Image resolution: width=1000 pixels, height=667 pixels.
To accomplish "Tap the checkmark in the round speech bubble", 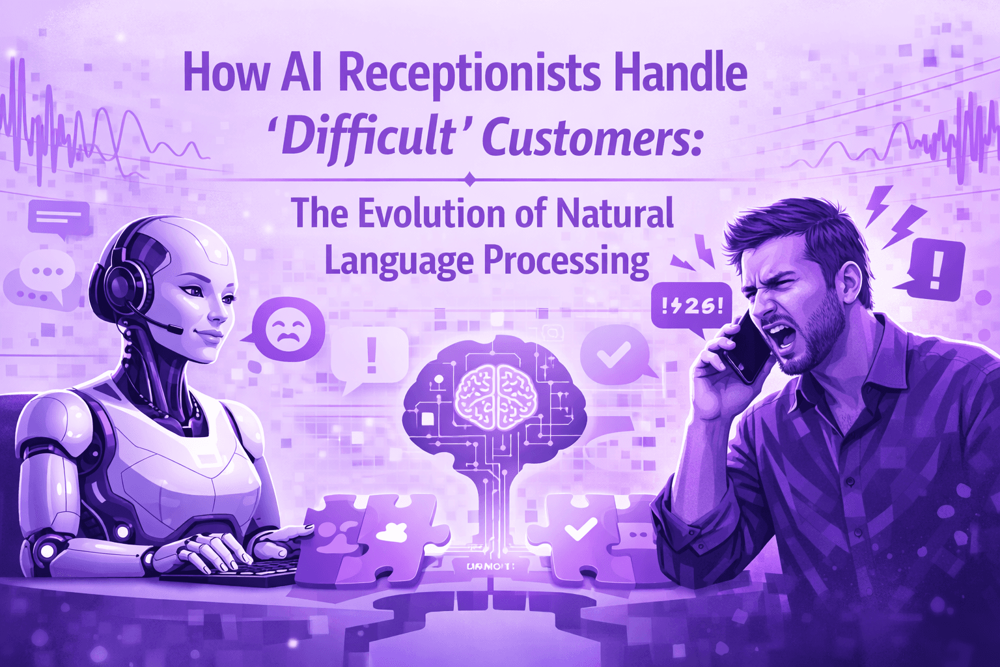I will coord(613,355).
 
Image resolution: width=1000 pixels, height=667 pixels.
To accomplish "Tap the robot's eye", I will coord(192,291).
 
